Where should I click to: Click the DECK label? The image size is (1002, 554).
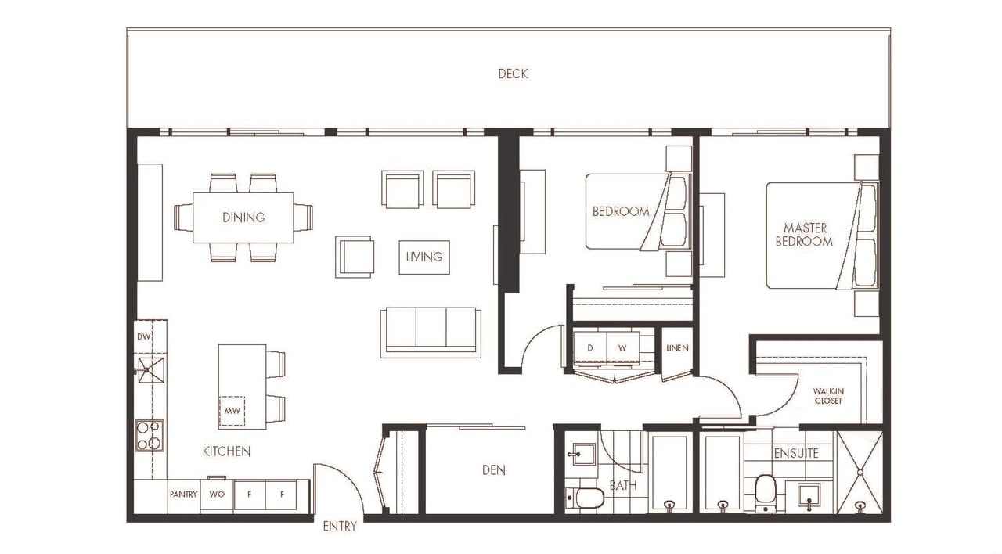[x=513, y=74]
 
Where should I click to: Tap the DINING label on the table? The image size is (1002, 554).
[x=243, y=218]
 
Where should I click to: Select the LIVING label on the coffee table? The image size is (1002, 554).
[x=424, y=257]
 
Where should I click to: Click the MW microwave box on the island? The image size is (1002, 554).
[x=232, y=411]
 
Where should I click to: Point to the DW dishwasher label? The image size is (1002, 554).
[x=144, y=336]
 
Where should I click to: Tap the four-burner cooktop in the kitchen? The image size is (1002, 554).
[x=150, y=436]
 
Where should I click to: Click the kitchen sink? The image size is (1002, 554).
[x=151, y=370]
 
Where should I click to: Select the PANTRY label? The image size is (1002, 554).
[x=183, y=494]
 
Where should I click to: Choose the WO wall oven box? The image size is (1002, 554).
[x=217, y=494]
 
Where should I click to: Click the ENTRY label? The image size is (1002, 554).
[x=340, y=527]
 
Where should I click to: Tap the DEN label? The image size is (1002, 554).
[x=494, y=470]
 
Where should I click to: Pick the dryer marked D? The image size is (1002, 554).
[x=590, y=347]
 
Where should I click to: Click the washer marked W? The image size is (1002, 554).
[x=622, y=347]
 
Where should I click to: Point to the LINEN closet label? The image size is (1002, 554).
[x=677, y=348]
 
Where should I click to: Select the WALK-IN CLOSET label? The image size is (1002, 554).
[x=828, y=396]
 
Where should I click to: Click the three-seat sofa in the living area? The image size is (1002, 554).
[x=431, y=333]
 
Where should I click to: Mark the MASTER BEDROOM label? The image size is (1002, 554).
[x=804, y=235]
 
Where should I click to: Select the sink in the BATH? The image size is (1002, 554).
[x=584, y=455]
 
